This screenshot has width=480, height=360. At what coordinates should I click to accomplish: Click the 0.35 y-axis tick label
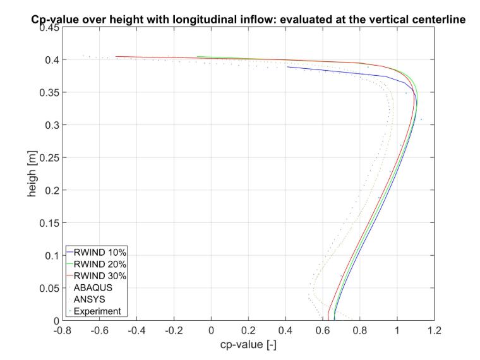49,92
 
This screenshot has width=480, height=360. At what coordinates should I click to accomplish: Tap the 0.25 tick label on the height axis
49,158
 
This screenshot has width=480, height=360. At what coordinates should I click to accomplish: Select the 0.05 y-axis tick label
49,288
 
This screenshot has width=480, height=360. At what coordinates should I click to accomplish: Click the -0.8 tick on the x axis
62,330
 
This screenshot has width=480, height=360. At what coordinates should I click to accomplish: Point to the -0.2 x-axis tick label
174,330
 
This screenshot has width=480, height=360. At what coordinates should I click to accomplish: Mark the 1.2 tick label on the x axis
434,330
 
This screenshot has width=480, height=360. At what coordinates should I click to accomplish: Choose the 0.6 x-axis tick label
323,330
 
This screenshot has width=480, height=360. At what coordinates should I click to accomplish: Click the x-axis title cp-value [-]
248,345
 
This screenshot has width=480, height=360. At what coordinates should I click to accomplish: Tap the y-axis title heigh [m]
32,174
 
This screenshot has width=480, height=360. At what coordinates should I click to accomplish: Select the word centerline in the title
439,20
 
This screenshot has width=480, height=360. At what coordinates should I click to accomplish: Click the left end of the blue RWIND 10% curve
287,67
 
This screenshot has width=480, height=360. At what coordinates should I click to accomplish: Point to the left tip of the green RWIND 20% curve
198,56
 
